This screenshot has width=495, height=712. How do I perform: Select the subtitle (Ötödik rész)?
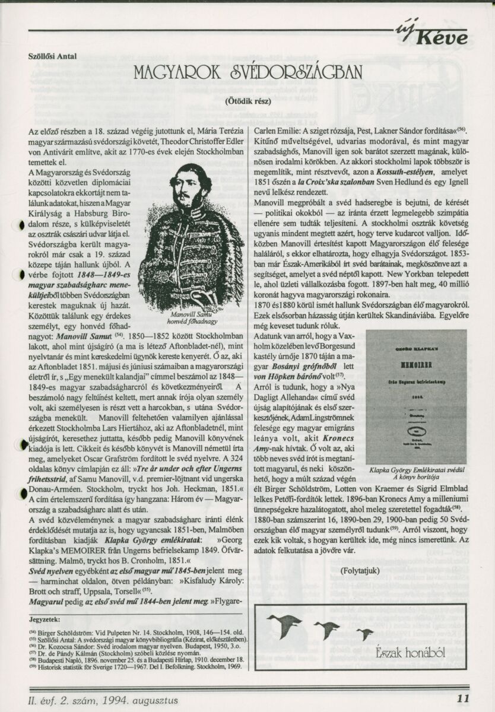(247, 100)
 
